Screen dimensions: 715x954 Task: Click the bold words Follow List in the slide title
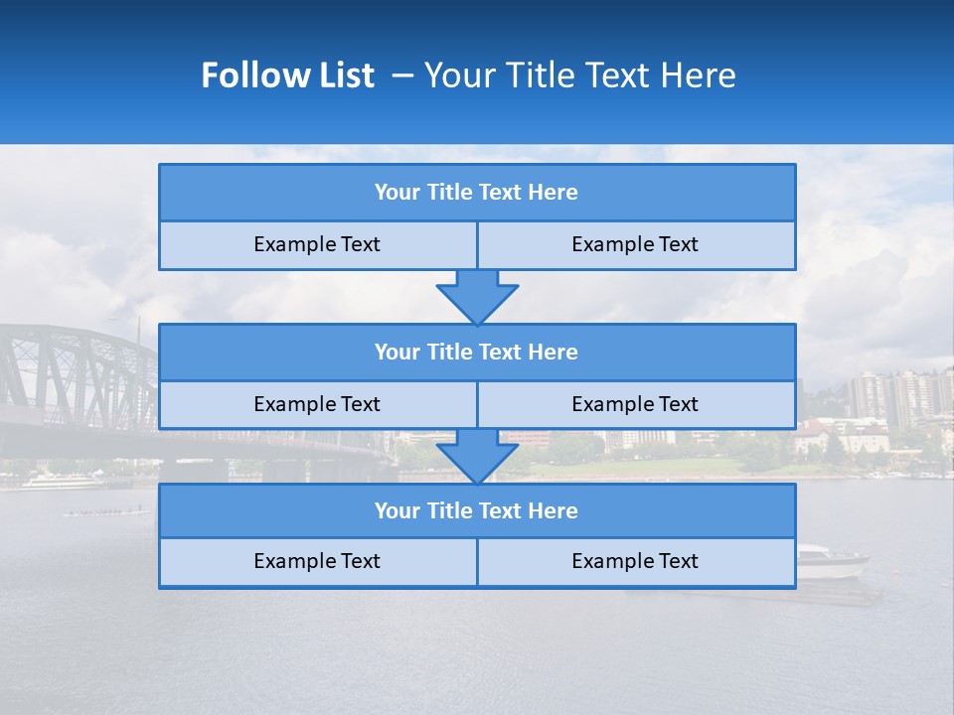coord(288,75)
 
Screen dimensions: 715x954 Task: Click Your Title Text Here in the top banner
coord(579,75)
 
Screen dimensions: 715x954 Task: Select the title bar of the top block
coord(477,193)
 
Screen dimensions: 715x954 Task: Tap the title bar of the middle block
coord(477,352)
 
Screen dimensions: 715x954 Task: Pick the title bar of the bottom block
coord(477,510)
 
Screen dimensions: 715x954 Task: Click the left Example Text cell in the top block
coord(317,244)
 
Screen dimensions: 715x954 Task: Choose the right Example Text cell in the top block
coord(635,244)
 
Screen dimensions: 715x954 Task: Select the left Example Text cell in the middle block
coord(317,404)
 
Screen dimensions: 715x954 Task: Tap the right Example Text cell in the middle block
coord(635,404)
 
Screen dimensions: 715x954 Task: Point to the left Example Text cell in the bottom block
coord(317,561)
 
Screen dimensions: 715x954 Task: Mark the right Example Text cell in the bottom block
coord(635,561)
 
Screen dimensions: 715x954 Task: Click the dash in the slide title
coord(402,75)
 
